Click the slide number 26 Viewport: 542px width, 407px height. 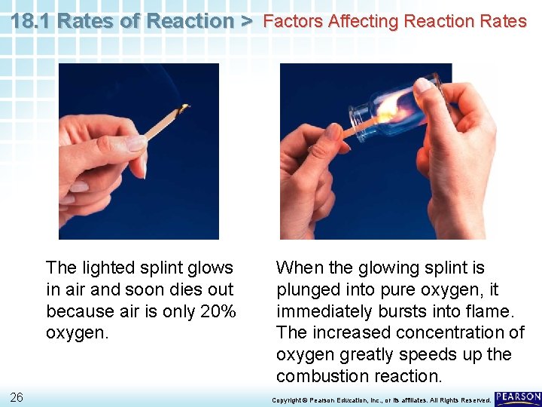click(17, 397)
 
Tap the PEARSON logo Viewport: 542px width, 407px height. click(518, 398)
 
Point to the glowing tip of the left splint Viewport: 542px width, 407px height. click(182, 109)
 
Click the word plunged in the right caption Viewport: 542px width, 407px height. click(305, 289)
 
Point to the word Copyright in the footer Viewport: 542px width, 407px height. click(287, 399)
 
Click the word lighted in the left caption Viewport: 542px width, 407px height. click(108, 268)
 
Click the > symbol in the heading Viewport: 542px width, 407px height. click(246, 21)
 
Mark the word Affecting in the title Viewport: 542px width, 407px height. click(358, 21)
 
